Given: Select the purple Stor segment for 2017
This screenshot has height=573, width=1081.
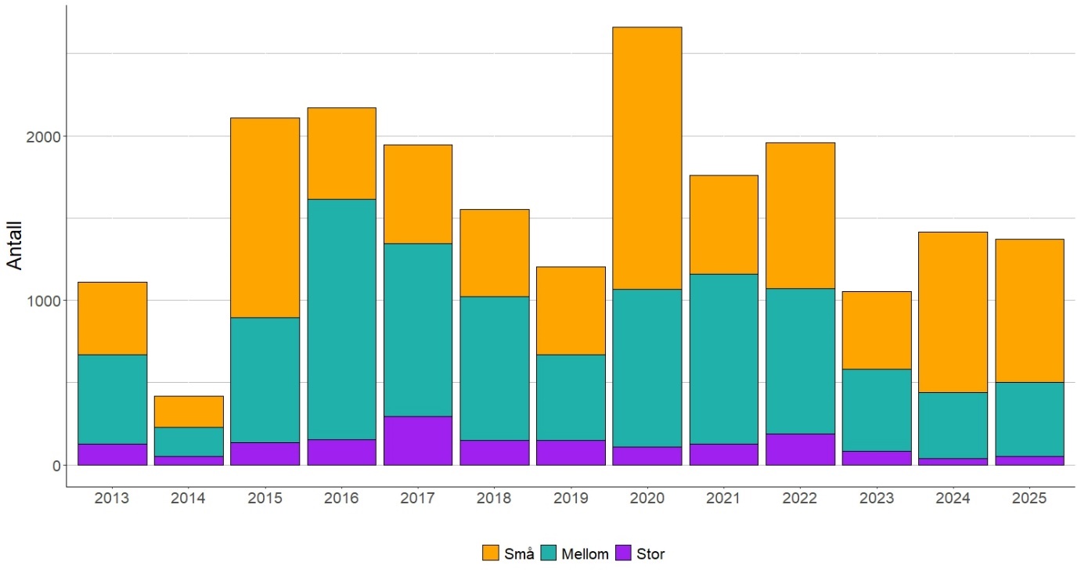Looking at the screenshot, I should pos(418,441).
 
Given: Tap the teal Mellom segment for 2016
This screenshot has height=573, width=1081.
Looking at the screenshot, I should pos(341,319).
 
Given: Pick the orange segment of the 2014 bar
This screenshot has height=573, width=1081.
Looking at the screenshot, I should pos(189,412).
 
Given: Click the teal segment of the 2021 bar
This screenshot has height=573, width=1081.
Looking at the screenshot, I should pos(723,359).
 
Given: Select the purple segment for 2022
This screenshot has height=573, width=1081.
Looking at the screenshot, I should pos(800,449).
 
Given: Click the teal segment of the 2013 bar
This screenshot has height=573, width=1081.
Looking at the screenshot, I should pos(113,399).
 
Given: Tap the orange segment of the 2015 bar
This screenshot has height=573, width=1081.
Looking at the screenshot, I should pos(265,218).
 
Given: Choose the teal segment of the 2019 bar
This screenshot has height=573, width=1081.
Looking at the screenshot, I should pos(571,398).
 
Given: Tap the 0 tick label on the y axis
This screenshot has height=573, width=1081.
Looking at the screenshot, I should pos(56,466).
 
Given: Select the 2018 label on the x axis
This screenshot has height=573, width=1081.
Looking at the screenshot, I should pos(494,499).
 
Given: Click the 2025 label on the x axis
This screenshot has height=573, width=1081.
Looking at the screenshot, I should pos(1029,499).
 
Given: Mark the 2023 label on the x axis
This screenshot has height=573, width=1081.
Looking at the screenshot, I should pos(877,499).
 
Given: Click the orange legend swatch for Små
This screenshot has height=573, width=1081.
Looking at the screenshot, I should pos(491,554).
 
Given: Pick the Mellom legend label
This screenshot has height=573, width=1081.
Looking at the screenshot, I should pos(585,554).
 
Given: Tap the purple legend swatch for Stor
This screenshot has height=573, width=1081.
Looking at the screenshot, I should pos(624,554).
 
